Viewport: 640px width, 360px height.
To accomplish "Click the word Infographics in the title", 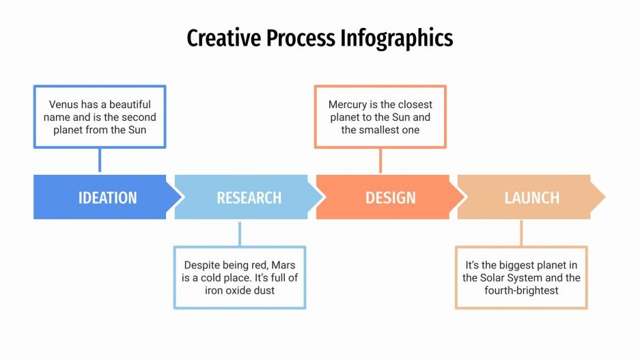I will coord(396,38).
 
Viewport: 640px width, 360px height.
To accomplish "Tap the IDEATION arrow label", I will coord(107,197).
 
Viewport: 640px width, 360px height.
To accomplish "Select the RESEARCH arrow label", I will coord(249,197).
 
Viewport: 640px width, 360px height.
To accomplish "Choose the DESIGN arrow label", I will coord(390,197).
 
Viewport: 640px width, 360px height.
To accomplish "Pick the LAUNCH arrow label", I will coord(531,197).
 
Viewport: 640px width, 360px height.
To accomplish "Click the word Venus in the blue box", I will coord(64,105).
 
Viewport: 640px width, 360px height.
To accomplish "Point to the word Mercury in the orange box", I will coord(349,105).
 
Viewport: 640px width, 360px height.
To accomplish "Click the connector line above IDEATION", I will coord(100,161).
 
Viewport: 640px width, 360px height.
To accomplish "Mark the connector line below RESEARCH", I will coord(240,233).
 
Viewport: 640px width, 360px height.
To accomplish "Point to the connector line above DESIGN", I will coord(380,161).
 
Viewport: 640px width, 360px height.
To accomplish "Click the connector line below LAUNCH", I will coord(521,233).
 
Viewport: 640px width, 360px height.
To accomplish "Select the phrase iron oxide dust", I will coord(240,290).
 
